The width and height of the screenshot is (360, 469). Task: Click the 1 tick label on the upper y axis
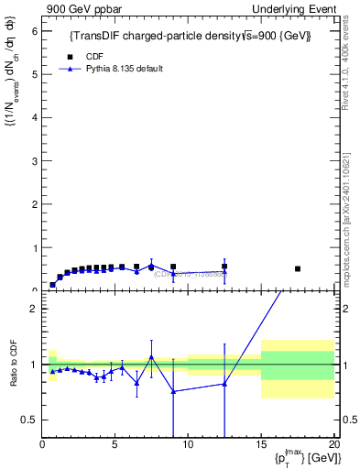tap(34, 247)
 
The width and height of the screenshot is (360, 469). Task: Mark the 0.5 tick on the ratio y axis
tap(30, 420)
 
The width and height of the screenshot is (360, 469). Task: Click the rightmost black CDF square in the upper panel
tap(298, 268)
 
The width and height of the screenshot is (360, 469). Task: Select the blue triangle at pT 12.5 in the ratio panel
tap(224, 384)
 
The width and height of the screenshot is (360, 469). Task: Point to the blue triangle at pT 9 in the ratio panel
tap(173, 391)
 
